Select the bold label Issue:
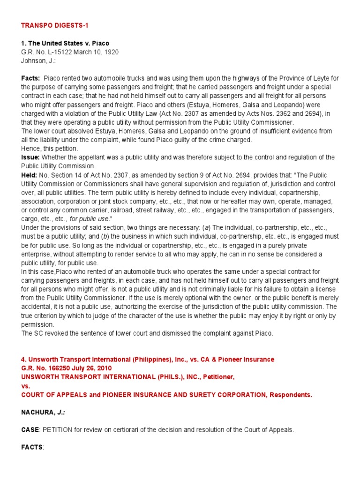30,157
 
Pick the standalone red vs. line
25,386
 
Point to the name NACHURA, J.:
40,412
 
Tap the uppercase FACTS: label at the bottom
32,448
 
